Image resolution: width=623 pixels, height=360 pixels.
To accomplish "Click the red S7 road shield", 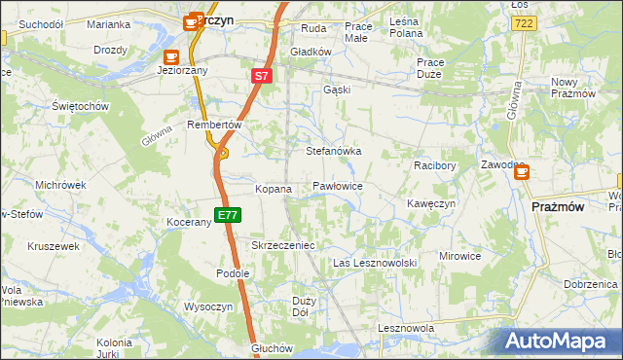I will [261, 75].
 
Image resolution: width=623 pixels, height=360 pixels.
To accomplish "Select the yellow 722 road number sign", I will [524, 22].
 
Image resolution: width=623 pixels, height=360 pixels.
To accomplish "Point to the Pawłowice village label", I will [338, 185].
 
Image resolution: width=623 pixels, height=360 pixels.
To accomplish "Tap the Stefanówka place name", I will [334, 152].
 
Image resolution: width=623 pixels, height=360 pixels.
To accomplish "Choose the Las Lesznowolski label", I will [375, 263].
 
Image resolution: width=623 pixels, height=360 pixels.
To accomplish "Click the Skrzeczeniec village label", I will [282, 245].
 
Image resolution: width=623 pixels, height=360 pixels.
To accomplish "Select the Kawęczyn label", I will [431, 203].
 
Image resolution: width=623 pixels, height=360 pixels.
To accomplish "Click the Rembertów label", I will [213, 125].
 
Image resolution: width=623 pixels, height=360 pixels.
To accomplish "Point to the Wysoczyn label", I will [207, 306].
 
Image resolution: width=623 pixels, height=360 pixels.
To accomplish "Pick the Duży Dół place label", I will [303, 306].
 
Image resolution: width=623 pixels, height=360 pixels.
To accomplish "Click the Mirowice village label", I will [459, 256].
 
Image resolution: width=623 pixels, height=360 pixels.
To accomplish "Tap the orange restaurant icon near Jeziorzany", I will [172, 56].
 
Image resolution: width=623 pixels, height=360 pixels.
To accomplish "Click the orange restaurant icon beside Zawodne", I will [522, 172].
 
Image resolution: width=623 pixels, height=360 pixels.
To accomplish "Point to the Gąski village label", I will [336, 89].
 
